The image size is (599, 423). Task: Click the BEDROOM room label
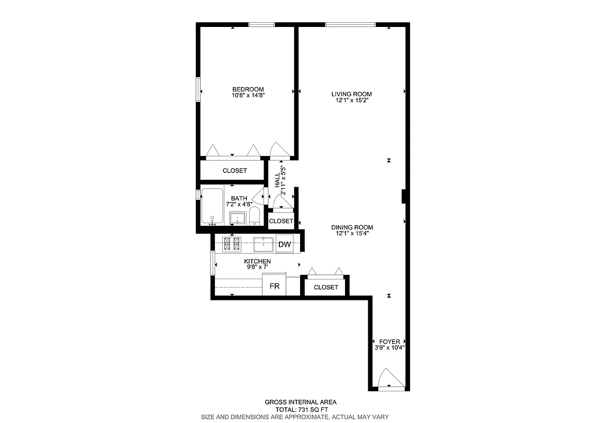(248, 89)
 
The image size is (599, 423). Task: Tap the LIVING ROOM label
(348, 94)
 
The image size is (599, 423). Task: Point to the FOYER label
(389, 342)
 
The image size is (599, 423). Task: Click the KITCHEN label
(257, 262)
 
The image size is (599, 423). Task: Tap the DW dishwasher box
(285, 244)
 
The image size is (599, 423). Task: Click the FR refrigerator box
(274, 286)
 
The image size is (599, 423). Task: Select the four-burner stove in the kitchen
(231, 243)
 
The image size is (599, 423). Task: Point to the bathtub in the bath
(212, 206)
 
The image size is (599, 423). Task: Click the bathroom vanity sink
(238, 218)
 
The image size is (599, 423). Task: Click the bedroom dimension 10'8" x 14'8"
(248, 95)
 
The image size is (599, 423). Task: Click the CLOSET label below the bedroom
(234, 171)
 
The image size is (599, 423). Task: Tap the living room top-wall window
(350, 24)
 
